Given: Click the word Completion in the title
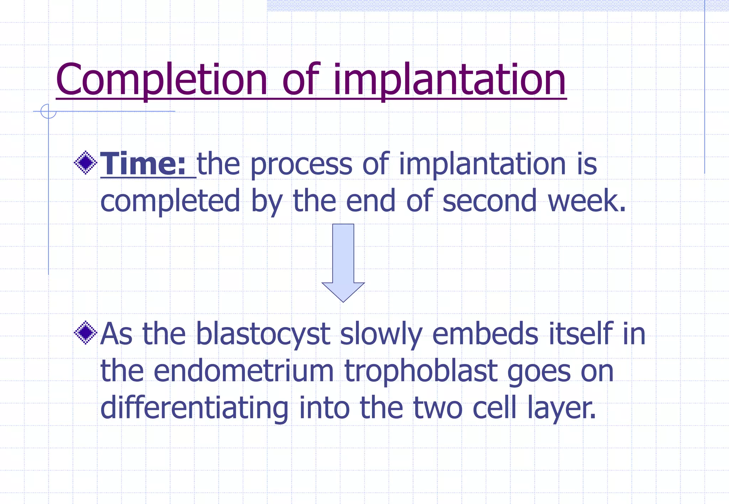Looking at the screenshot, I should coord(161,80).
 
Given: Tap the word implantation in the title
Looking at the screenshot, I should coord(449,80).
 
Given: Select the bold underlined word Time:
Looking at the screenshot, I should coord(143,164).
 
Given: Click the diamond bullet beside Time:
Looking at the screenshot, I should coord(85,163).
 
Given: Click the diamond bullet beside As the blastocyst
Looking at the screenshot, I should coord(85,333).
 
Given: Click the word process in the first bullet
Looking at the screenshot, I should coord(301,165).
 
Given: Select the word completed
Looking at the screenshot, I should coord(170,201).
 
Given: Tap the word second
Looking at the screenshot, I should coord(489,201).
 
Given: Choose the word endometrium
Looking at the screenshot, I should coord(243,371).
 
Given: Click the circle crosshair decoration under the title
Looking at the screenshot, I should coord(48,111).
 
